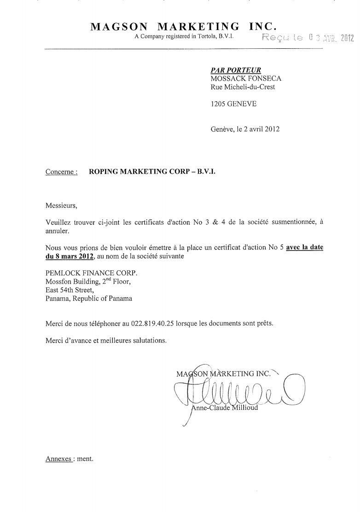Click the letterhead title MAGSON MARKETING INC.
click(183, 26)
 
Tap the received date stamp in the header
click(307, 38)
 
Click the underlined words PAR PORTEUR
click(235, 70)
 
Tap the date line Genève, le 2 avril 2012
click(245, 129)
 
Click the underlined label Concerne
click(62, 172)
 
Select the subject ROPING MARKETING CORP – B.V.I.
click(151, 172)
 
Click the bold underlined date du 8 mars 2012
click(70, 256)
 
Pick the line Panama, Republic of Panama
click(88, 298)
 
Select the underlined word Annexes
click(58, 459)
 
